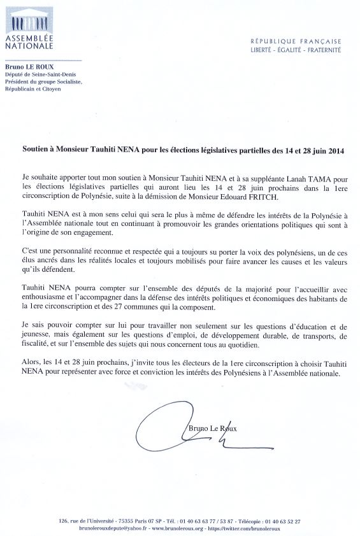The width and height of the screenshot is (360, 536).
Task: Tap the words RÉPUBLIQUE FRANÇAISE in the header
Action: pos(296,41)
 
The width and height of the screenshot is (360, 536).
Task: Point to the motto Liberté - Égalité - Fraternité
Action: pos(296,49)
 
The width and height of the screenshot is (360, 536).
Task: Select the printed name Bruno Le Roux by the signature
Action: pos(213,429)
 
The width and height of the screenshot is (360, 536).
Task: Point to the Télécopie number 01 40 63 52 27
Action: pos(280,521)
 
